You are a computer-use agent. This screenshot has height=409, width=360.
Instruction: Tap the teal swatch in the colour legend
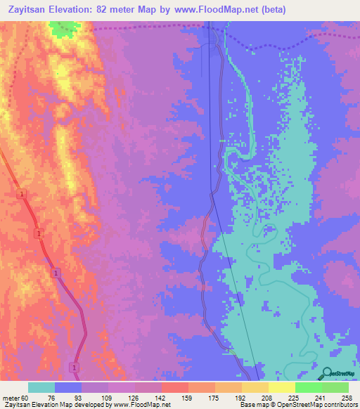(x=41, y=387)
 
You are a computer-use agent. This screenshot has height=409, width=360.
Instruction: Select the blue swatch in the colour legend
(x=68, y=387)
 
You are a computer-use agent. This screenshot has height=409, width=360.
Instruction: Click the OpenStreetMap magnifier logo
(x=328, y=375)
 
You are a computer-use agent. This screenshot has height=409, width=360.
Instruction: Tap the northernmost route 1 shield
(x=22, y=194)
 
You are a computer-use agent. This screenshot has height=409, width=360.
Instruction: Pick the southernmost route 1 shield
(x=73, y=368)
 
